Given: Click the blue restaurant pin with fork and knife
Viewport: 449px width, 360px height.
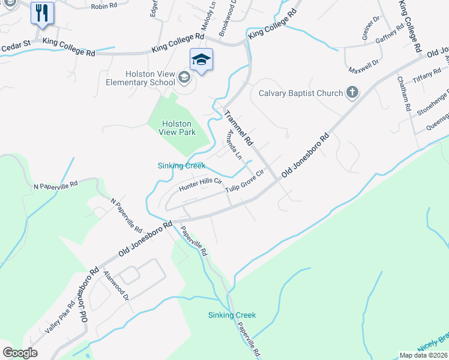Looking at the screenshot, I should point(41,13).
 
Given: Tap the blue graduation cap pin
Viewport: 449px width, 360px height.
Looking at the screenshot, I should point(201,59).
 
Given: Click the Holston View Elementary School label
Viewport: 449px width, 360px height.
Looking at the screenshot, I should point(140,78).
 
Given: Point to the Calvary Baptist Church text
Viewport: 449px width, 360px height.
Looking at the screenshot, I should point(301,93).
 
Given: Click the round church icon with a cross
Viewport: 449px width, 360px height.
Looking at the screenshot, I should point(352,92).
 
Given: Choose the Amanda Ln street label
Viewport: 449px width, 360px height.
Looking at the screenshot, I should point(233,145).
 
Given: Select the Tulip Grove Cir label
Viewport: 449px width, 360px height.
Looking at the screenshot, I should point(245,184).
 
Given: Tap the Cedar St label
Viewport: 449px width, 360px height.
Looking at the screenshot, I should point(16,44).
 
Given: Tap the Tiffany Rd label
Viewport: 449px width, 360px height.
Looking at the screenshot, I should point(427,79).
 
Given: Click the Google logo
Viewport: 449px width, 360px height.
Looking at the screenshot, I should point(20,352).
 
